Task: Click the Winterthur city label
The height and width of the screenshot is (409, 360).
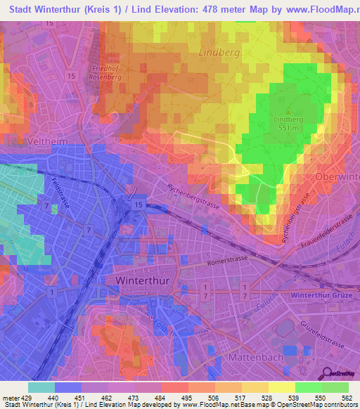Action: point(140,279)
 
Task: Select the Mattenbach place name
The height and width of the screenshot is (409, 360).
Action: point(255,358)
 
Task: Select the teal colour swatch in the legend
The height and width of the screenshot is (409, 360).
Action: point(41,387)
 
